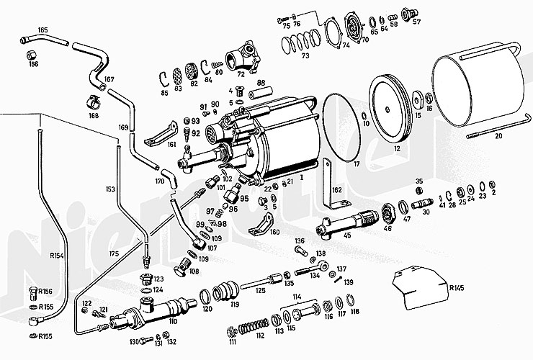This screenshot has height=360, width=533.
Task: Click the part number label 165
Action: (x=42, y=30)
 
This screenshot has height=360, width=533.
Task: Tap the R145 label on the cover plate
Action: (x=456, y=288)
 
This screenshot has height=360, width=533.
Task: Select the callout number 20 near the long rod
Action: (x=498, y=135)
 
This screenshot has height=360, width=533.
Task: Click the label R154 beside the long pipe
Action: (x=57, y=255)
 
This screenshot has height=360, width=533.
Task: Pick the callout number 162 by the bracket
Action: (x=336, y=190)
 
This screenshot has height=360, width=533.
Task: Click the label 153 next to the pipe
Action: (x=109, y=189)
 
